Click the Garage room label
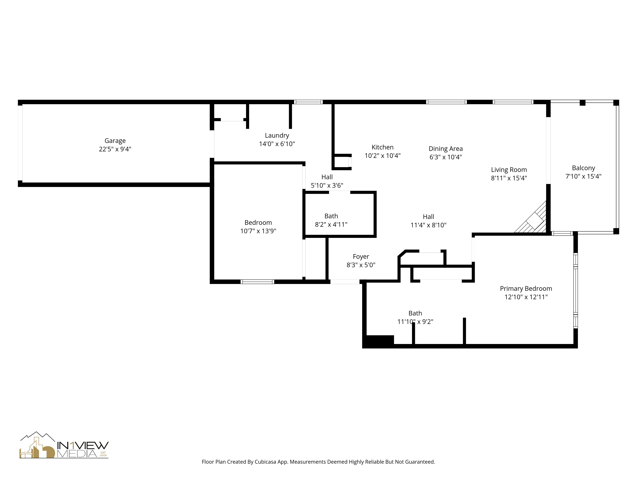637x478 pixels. click(x=115, y=141)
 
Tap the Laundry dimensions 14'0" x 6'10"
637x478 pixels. click(x=277, y=144)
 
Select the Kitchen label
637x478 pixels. click(x=382, y=147)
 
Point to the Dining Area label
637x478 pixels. click(x=445, y=149)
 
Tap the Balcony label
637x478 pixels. click(x=583, y=168)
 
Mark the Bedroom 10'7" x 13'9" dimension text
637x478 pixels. click(x=258, y=231)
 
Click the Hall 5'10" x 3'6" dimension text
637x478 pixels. click(x=327, y=185)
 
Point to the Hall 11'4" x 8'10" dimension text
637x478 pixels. click(x=428, y=225)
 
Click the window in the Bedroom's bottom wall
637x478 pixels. click(x=257, y=282)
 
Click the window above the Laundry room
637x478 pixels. click(x=308, y=102)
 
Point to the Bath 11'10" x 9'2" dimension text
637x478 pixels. click(x=415, y=322)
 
